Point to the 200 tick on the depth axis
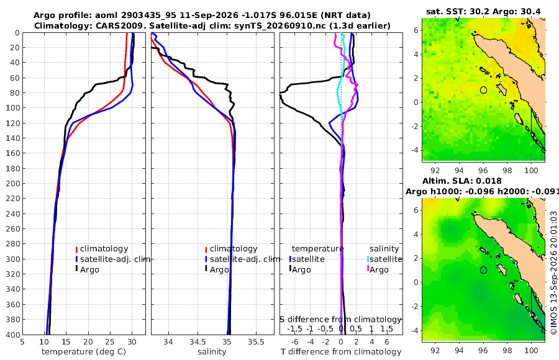point(13,183)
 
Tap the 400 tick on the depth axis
point(13,335)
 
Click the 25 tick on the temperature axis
point(110,342)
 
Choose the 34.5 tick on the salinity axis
point(197,342)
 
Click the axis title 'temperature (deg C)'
point(84,352)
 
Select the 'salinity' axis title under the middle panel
point(212,352)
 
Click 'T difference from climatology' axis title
point(341,352)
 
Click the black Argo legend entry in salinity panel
point(217,269)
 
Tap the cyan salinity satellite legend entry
point(384,259)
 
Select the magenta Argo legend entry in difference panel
point(378,269)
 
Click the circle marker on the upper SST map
point(483,90)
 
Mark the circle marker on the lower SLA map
point(483,270)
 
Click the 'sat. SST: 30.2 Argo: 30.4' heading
point(483,12)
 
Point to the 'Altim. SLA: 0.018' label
point(462,181)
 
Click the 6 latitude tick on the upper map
point(416,30)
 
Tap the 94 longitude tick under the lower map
point(459,350)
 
